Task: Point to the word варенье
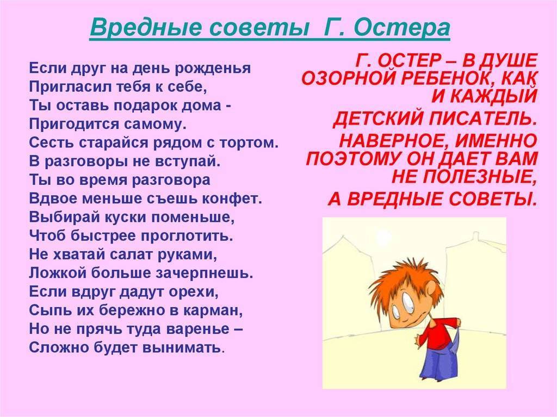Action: point(199,328)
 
